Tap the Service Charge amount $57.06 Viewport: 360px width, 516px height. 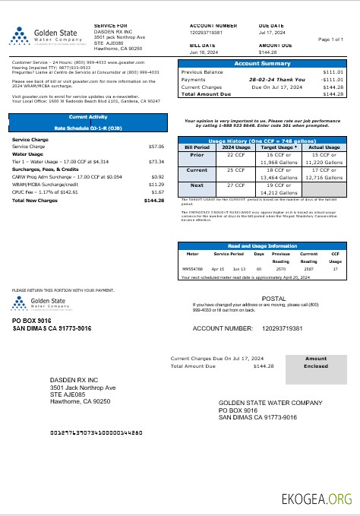156,146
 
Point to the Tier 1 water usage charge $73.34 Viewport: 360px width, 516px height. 156,162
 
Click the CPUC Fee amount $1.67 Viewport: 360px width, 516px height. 158,192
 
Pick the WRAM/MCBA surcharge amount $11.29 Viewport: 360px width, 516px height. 156,185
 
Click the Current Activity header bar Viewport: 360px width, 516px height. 87,117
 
